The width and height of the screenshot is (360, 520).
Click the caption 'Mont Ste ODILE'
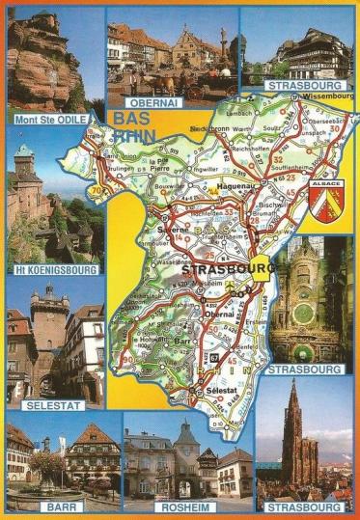pos(45,120)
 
